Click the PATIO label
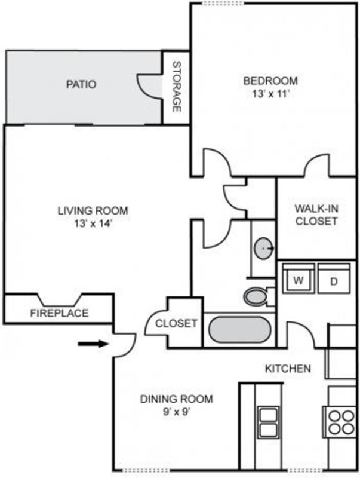[81, 84]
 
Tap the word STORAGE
[177, 87]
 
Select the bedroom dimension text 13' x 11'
[270, 94]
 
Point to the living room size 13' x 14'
[93, 223]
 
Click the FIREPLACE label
[59, 313]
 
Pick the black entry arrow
[93, 344]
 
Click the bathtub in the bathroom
[239, 330]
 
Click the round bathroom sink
[263, 249]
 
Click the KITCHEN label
[288, 369]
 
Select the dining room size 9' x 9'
[177, 412]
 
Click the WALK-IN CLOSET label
[316, 215]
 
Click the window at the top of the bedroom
[223, 4]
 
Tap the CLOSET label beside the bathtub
[176, 323]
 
